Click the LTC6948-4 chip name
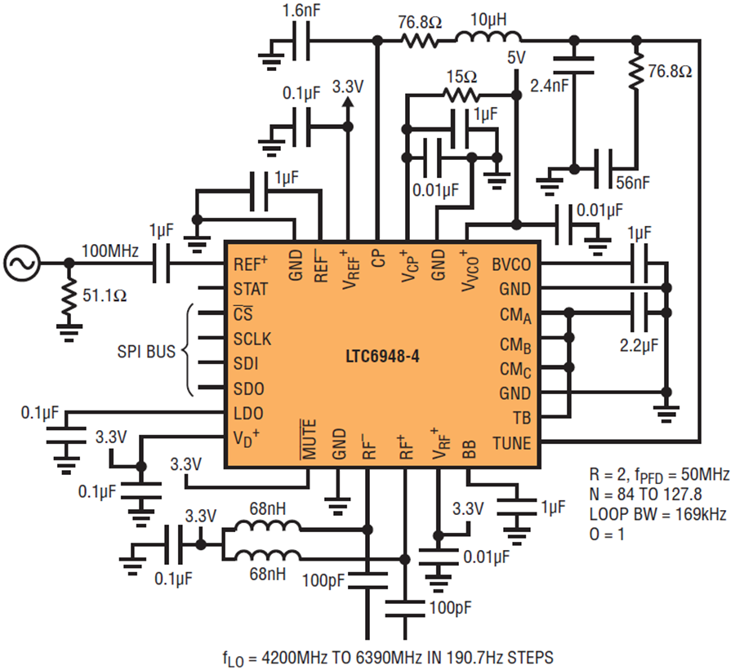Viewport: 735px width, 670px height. point(382,357)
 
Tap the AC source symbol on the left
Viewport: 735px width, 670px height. point(21,264)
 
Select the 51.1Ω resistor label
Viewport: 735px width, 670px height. point(105,295)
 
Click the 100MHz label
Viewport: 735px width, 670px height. point(110,251)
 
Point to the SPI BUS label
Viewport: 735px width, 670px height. point(146,352)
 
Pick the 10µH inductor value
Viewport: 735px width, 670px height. point(488,20)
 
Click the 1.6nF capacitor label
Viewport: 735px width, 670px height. point(301,11)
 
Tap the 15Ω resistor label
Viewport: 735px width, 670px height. point(461,77)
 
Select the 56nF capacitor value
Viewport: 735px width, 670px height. point(633,183)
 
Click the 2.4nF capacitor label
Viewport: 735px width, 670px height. point(550,86)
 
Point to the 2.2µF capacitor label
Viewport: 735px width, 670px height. point(639,346)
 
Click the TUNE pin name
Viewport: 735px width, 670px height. point(511,443)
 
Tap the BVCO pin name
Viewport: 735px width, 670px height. point(511,264)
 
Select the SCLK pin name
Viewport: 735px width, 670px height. point(252,339)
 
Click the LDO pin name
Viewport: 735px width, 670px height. point(248,413)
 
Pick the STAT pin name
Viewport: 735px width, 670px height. point(251,289)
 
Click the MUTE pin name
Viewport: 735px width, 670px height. point(309,440)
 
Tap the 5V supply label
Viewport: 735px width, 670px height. point(516,58)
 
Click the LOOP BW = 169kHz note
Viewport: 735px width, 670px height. point(658,514)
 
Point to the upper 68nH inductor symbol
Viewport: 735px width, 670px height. point(268,526)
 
